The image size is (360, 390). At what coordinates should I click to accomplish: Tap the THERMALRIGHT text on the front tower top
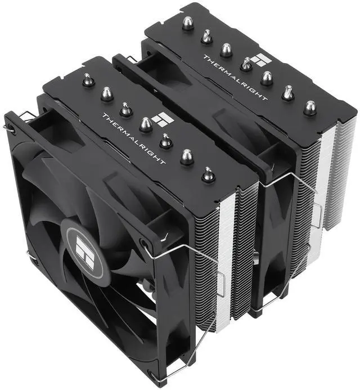pos(134,138)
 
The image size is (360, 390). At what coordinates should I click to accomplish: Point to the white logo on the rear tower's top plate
pos(259,61)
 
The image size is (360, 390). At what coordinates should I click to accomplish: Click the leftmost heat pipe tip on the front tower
pos(87,80)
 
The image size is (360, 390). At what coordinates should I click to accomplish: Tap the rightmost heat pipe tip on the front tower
pos(208,175)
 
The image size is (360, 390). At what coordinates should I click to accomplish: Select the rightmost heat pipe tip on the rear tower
pos(309,107)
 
